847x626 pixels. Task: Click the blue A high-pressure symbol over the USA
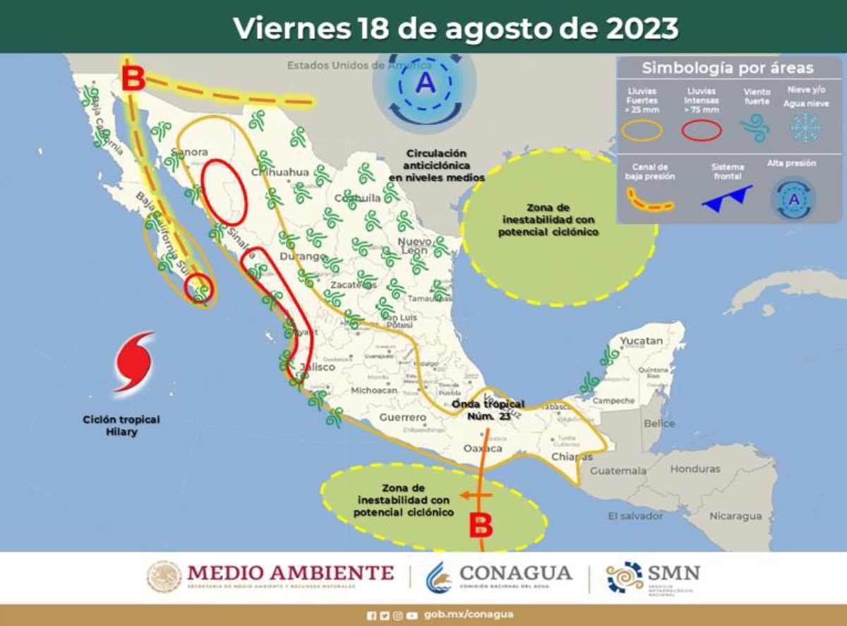(x=425, y=84)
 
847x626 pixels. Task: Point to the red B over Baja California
(x=133, y=79)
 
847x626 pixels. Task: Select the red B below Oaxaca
(x=481, y=524)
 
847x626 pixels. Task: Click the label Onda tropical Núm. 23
(x=488, y=409)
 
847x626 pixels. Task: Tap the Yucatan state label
(x=641, y=342)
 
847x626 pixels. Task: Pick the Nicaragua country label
(x=735, y=516)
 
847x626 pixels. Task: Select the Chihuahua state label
(x=280, y=172)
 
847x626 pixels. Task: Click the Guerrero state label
(x=402, y=418)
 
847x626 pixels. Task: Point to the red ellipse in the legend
(x=701, y=130)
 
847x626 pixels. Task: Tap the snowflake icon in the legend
(x=805, y=128)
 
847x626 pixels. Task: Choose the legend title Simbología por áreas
(x=727, y=68)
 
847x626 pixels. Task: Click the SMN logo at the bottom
(x=653, y=577)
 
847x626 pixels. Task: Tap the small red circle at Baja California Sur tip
(x=198, y=287)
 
